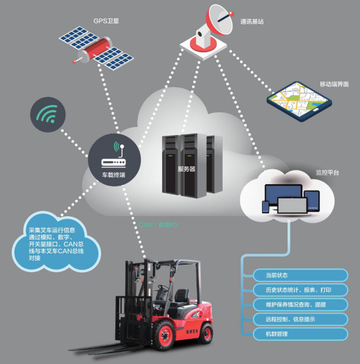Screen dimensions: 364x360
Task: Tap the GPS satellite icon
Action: click(x=96, y=46)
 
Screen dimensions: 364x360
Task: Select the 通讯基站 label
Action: click(x=252, y=22)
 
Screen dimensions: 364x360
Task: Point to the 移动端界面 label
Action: click(x=334, y=84)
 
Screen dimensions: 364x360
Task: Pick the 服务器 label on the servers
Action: click(x=187, y=169)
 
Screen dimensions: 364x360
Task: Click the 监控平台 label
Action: click(x=327, y=172)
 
